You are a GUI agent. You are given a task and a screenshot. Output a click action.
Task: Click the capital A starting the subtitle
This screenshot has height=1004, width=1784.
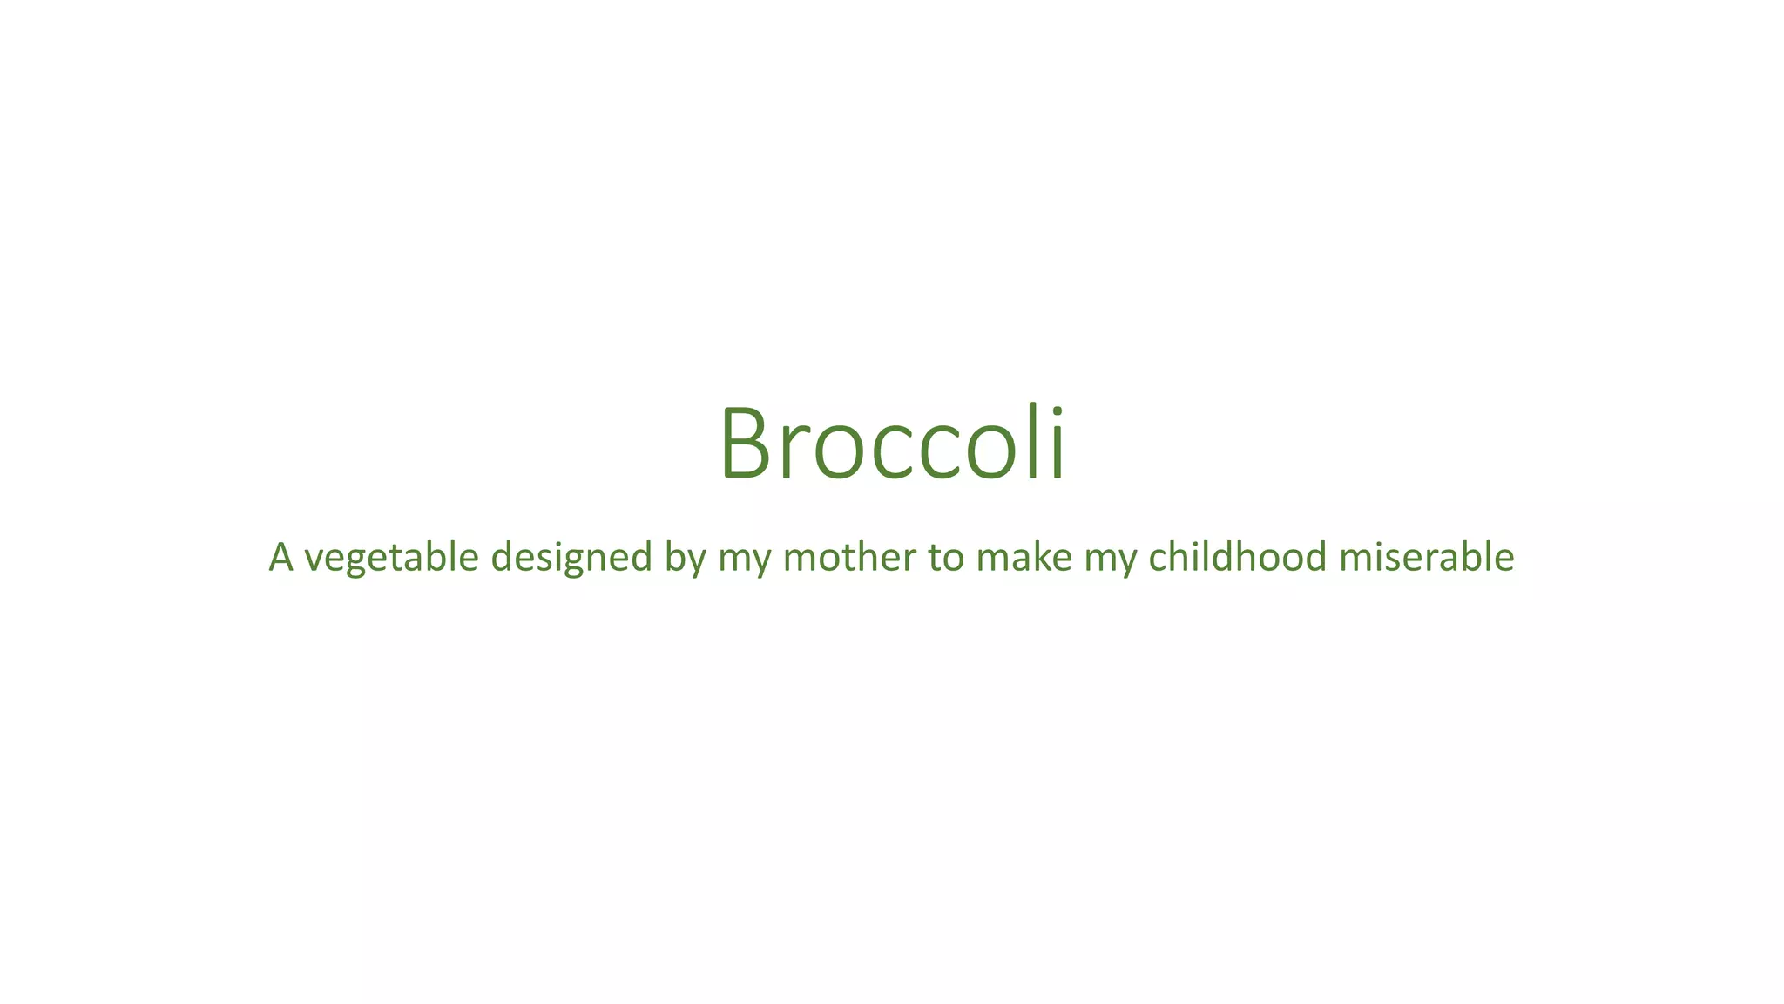click(x=280, y=557)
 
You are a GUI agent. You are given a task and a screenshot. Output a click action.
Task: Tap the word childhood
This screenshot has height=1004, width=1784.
click(x=1237, y=557)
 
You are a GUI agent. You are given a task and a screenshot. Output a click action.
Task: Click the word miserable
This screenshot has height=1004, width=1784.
click(x=1426, y=557)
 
